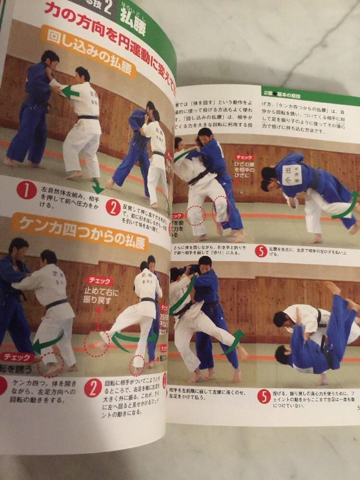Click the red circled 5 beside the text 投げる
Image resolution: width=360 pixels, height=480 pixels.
click(264, 397)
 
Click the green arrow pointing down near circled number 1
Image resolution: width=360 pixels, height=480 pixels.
click(97, 186)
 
